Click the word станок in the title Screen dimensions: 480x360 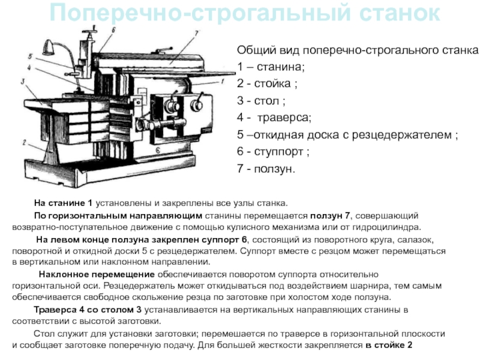click(x=400, y=13)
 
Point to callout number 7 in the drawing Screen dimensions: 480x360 click(x=197, y=33)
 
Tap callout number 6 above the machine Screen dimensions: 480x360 click(x=113, y=29)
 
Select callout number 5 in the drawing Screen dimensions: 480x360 click(x=30, y=56)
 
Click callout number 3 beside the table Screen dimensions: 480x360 click(x=23, y=81)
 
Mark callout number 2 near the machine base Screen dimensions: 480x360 click(x=24, y=142)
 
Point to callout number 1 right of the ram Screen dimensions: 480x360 click(x=223, y=82)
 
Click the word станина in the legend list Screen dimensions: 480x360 click(x=280, y=67)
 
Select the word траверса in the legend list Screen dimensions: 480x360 click(x=284, y=118)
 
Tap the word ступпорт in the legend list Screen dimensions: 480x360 click(x=278, y=152)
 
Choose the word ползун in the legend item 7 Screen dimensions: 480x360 click(x=274, y=169)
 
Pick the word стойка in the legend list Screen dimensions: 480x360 click(x=272, y=83)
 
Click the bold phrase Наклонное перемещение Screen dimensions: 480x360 click(x=97, y=274)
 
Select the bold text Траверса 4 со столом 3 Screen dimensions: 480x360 click(x=88, y=310)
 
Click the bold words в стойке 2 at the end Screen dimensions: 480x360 click(x=389, y=345)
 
